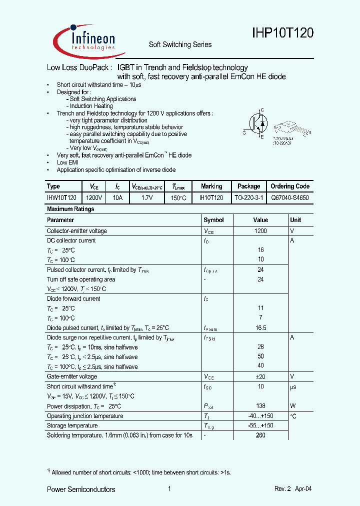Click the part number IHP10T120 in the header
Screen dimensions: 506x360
click(282, 33)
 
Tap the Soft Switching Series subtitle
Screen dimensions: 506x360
click(180, 44)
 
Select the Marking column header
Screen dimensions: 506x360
click(211, 186)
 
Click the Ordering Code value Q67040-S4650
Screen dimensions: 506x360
click(290, 197)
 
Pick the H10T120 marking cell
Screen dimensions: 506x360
click(211, 197)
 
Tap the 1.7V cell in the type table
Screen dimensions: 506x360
click(146, 197)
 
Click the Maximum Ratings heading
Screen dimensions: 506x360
click(70, 209)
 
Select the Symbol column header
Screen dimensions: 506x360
click(214, 220)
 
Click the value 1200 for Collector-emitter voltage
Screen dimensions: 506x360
click(260, 231)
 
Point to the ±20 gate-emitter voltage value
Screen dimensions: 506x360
click(260, 376)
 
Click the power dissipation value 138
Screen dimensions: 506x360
click(260, 406)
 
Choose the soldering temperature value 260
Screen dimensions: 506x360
click(260, 435)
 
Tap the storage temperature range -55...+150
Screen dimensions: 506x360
click(260, 425)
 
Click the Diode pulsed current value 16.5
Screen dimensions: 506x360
click(260, 328)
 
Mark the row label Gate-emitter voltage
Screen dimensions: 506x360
click(72, 376)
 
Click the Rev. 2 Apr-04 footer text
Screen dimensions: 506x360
click(293, 489)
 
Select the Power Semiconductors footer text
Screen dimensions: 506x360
click(81, 489)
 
